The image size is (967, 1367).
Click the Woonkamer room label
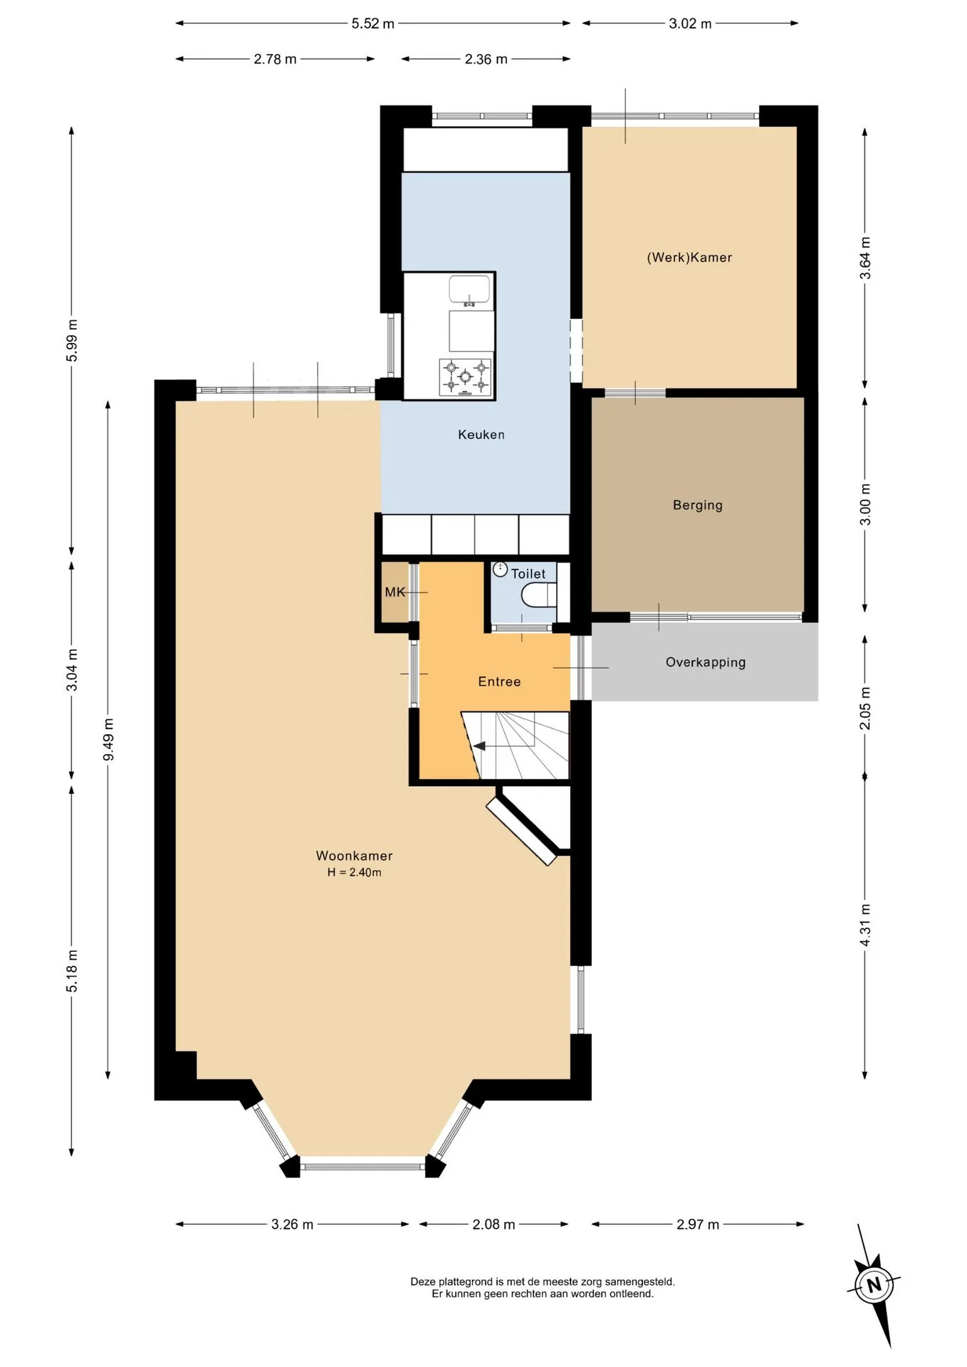pyautogui.click(x=354, y=856)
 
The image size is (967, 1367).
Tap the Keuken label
pyautogui.click(x=481, y=434)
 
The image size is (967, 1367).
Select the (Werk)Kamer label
pyautogui.click(x=689, y=258)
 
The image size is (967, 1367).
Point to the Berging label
pyautogui.click(x=698, y=506)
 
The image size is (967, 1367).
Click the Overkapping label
pyautogui.click(x=706, y=662)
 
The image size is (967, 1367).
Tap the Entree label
pyautogui.click(x=499, y=682)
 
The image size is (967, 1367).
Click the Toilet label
pyautogui.click(x=528, y=574)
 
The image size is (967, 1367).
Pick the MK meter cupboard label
pyautogui.click(x=394, y=592)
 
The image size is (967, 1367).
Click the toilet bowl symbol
pyautogui.click(x=539, y=595)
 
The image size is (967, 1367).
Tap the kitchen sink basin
pyautogui.click(x=469, y=290)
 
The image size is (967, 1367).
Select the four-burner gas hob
pyautogui.click(x=465, y=377)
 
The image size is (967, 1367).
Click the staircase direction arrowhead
pyautogui.click(x=479, y=746)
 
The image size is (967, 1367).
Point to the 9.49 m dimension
pyautogui.click(x=108, y=740)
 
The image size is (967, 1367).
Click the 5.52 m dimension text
pyautogui.click(x=372, y=23)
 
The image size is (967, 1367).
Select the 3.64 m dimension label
pyautogui.click(x=865, y=258)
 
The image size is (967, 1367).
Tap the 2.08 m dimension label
pyautogui.click(x=493, y=1225)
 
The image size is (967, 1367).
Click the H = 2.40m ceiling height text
pyautogui.click(x=354, y=873)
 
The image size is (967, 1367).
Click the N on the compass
pyautogui.click(x=874, y=1285)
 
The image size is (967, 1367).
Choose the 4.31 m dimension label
pyautogui.click(x=865, y=926)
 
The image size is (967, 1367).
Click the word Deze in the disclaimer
pyautogui.click(x=423, y=1282)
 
